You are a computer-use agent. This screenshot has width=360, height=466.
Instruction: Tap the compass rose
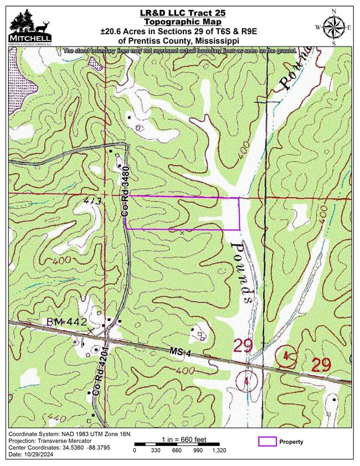point(333,27)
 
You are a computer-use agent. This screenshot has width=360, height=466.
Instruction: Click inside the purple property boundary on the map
point(183,213)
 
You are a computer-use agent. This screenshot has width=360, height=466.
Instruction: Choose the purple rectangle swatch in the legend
point(268,442)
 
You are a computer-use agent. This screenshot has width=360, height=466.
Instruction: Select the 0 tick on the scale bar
point(135,451)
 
